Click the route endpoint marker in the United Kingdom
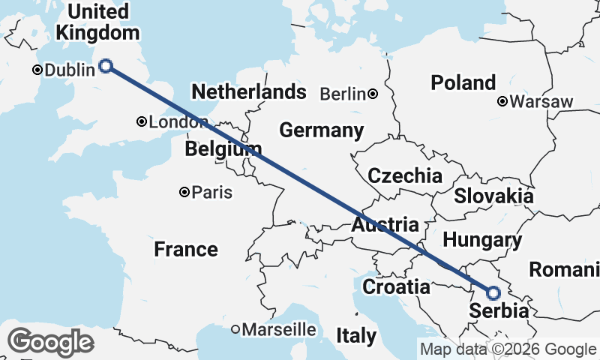click(106, 66)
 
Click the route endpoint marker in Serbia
click(493, 293)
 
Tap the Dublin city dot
click(37, 70)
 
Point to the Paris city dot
click(184, 192)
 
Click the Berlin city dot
click(373, 94)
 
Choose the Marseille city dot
click(235, 328)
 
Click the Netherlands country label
click(249, 92)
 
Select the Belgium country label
click(223, 149)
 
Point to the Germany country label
click(321, 130)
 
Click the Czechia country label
click(405, 176)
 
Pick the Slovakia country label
click(493, 196)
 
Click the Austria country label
click(385, 225)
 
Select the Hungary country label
click(482, 241)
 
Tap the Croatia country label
click(396, 286)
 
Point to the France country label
click(186, 249)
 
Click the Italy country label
click(355, 336)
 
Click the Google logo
click(50, 342)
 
